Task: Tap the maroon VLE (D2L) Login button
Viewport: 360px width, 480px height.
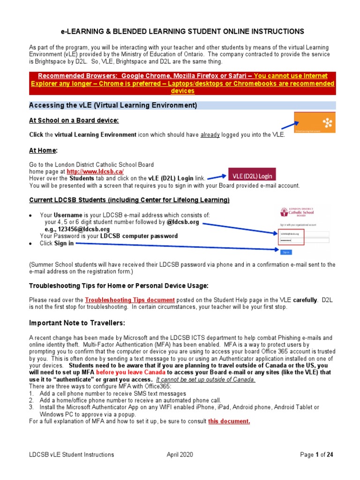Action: [252, 174]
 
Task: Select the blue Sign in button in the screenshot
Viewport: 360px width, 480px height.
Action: [286, 252]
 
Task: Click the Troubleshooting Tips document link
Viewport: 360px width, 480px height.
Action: [130, 300]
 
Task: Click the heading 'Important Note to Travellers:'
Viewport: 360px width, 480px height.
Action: [77, 323]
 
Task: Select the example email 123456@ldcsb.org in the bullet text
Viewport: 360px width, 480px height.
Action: [85, 229]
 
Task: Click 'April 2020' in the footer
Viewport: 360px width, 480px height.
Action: [180, 454]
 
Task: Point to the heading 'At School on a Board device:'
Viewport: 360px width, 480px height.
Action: [74, 120]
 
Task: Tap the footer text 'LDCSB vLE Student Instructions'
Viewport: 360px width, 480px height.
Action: [71, 454]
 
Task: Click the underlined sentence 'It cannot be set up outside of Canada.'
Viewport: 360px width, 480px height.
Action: [206, 379]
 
